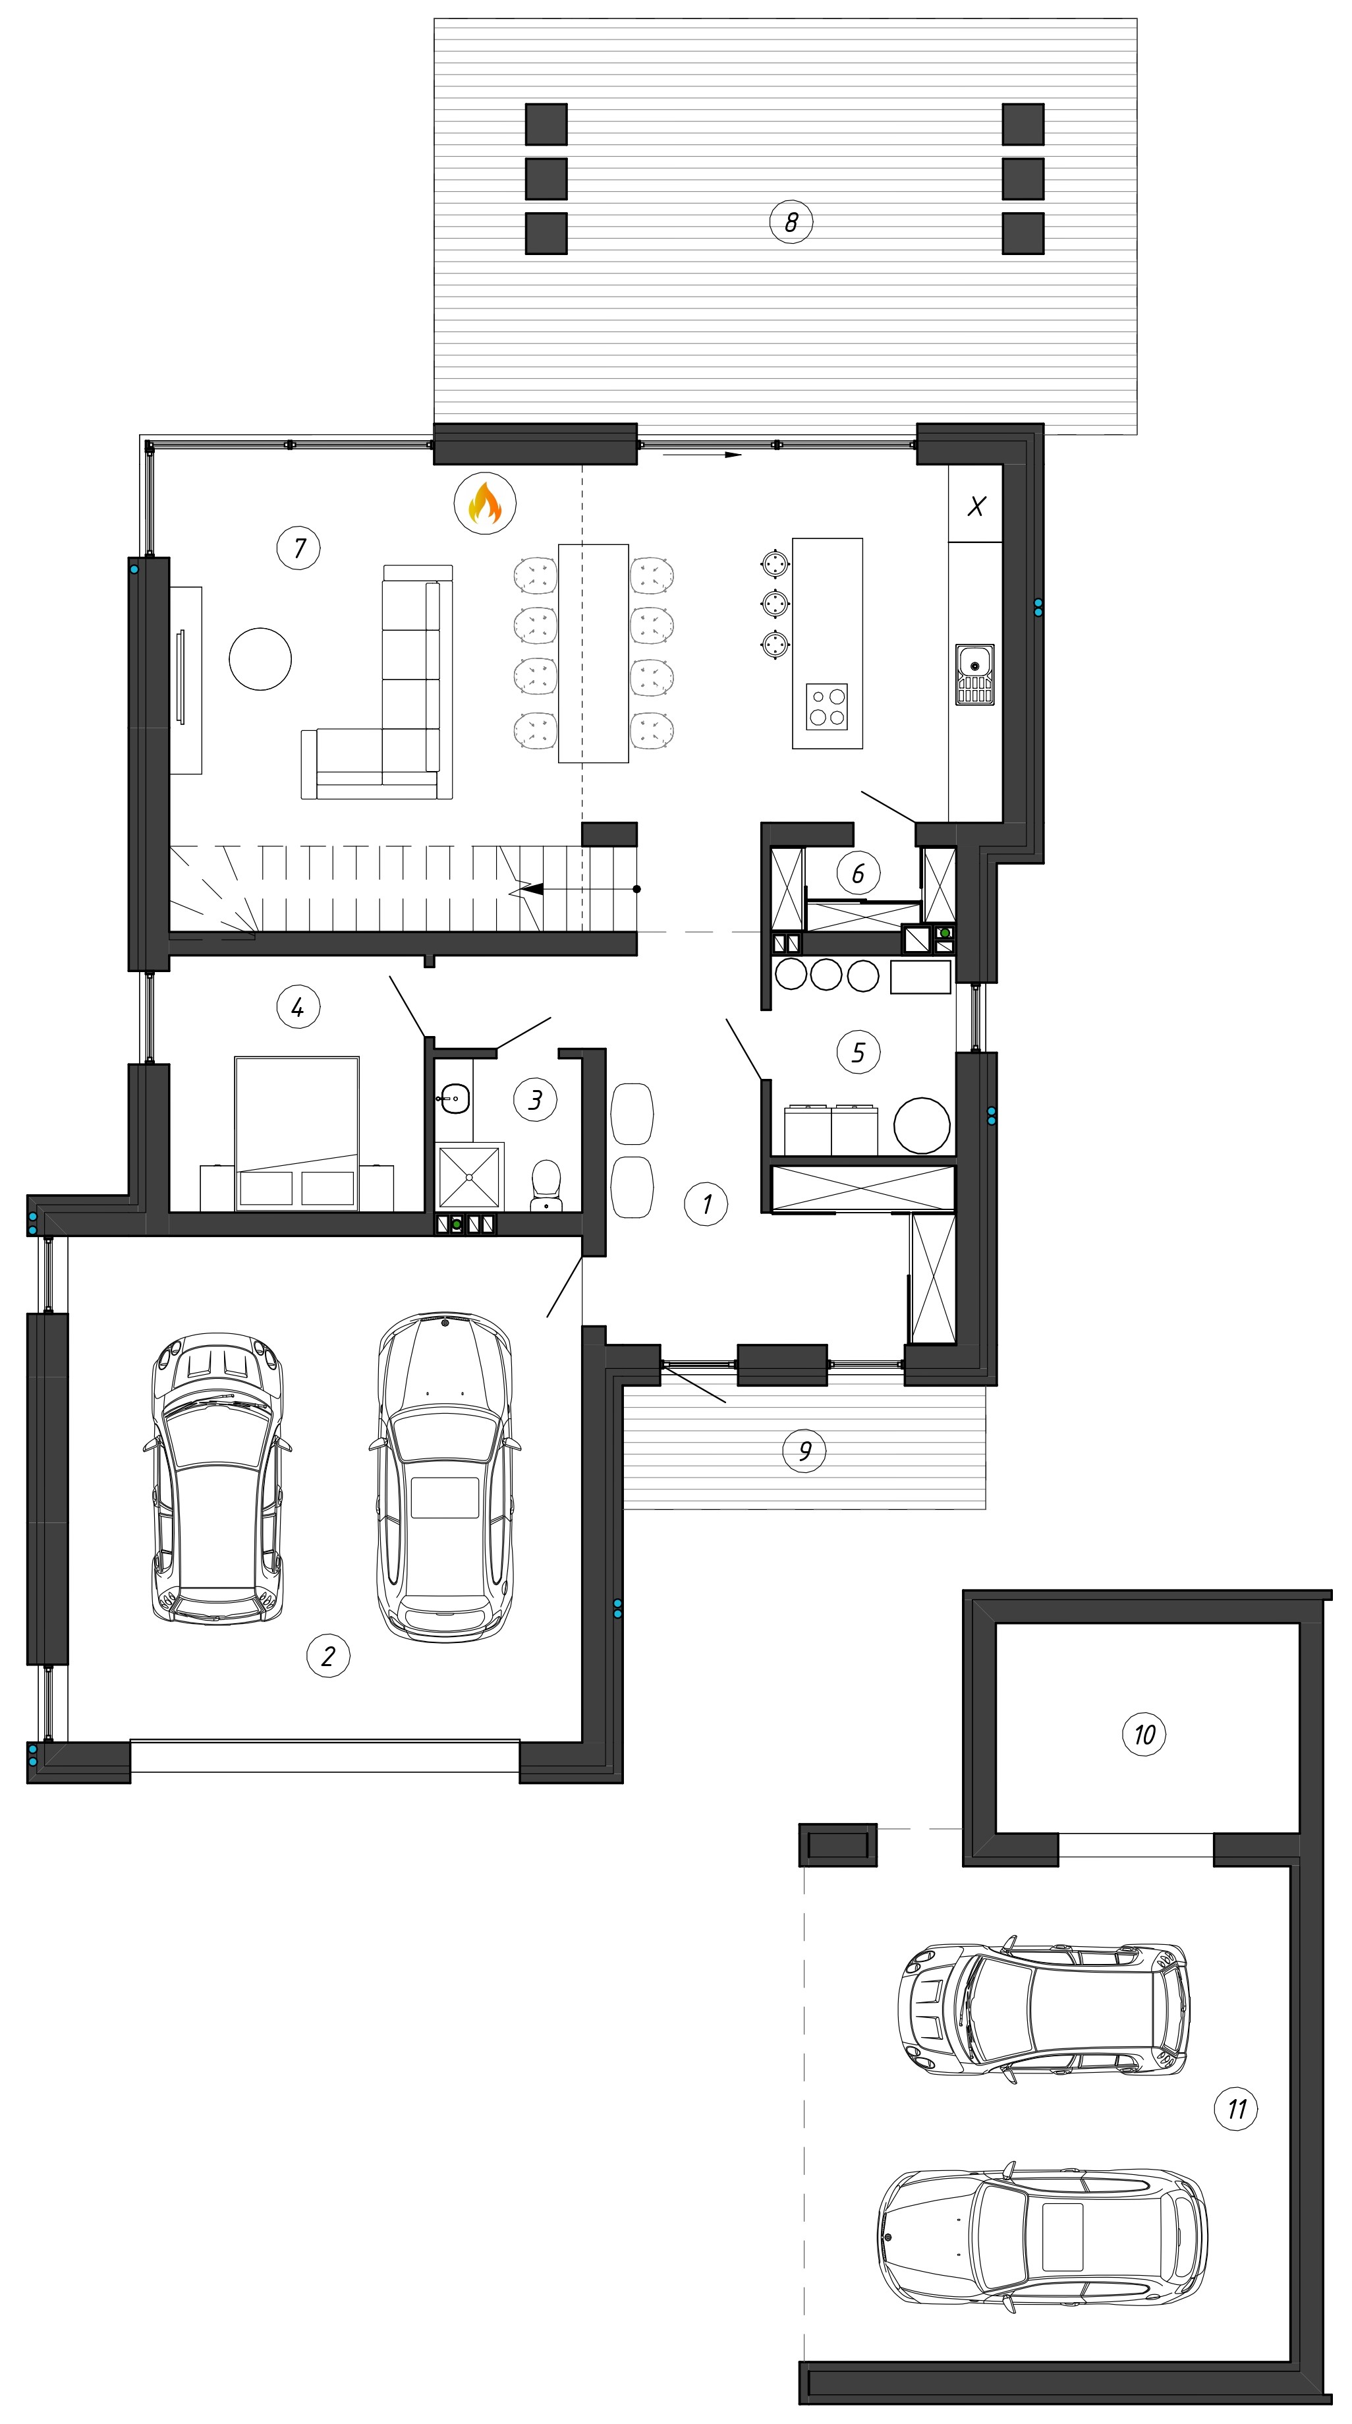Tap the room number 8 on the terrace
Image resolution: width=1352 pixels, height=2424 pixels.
coord(790,222)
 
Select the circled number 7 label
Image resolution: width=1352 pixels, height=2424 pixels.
coord(299,548)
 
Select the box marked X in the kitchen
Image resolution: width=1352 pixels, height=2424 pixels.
coord(976,506)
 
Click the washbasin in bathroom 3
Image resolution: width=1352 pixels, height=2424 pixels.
coord(455,1097)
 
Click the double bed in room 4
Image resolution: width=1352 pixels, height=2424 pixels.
coord(297,1133)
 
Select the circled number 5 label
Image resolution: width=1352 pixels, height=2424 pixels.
coord(858,1051)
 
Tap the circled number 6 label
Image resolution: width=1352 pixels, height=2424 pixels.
coord(858,873)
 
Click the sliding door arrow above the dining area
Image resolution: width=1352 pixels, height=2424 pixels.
coord(702,455)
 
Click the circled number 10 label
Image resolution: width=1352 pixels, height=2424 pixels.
coord(1144,1733)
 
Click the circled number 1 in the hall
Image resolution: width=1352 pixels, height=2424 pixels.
coord(706,1203)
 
